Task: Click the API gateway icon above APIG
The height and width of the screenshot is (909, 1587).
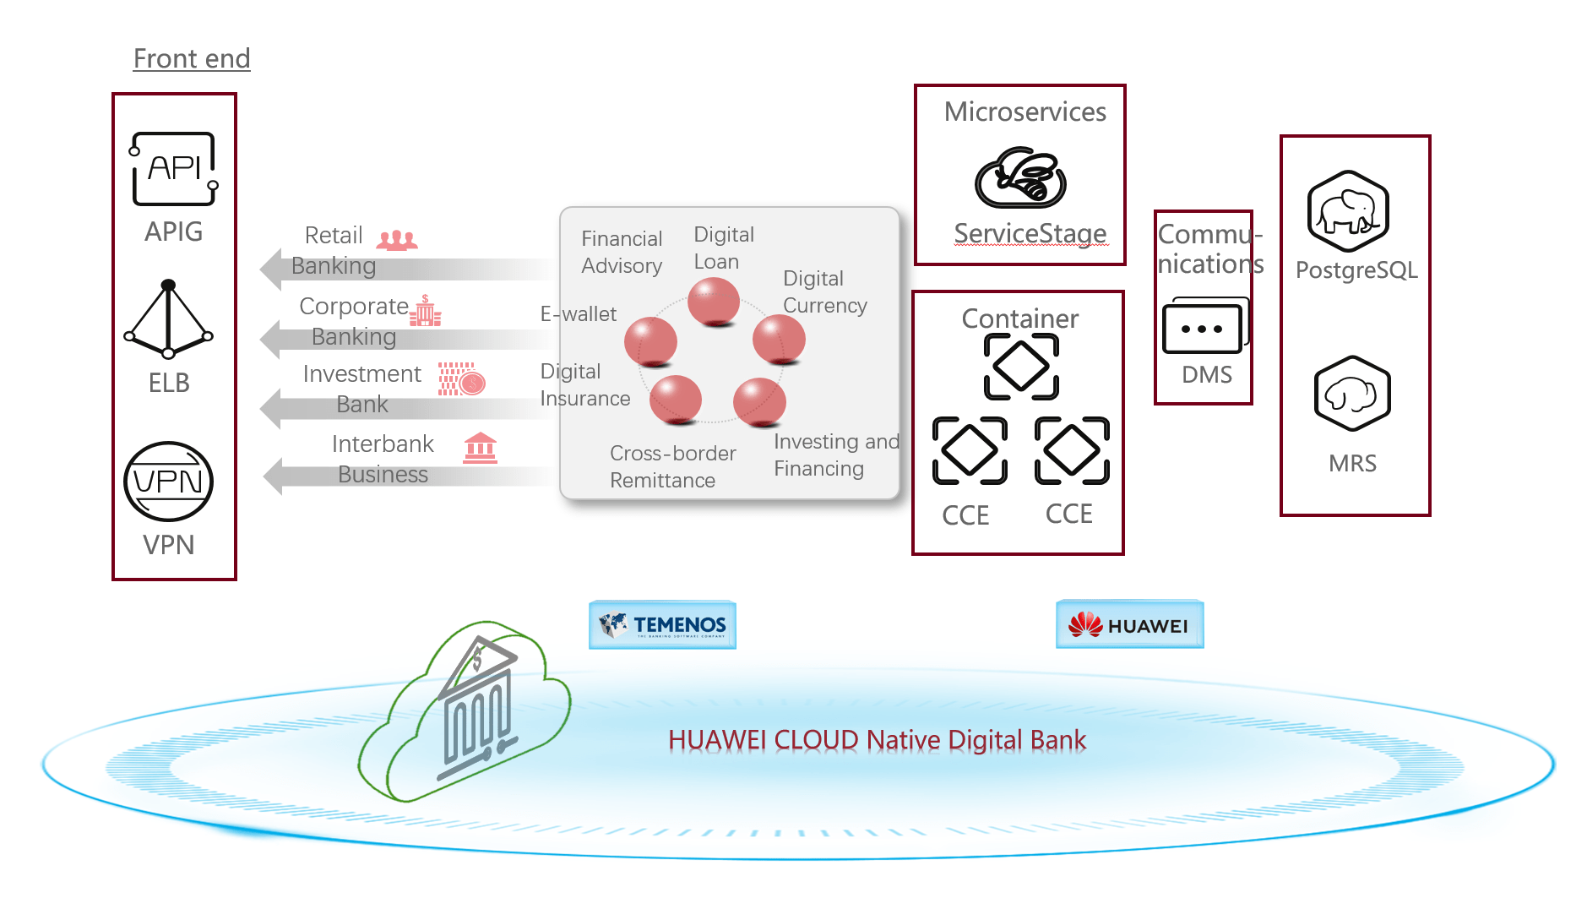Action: tap(173, 168)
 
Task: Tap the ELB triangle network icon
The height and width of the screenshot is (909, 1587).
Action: tap(168, 320)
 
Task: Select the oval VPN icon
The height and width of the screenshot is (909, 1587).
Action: tap(168, 482)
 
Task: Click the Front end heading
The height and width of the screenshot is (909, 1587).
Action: tap(192, 58)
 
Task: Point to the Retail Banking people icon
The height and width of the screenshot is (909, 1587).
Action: tap(397, 241)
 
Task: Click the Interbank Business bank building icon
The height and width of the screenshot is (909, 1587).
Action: tap(480, 448)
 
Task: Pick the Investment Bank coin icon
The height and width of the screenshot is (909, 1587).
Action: tap(462, 379)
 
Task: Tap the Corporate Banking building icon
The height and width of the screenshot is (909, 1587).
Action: tap(425, 312)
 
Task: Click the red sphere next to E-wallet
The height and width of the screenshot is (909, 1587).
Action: tap(650, 342)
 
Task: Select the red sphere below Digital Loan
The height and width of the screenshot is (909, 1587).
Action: tap(714, 302)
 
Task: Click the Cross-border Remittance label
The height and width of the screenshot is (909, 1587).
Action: tap(672, 466)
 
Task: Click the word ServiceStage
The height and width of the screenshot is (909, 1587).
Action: tap(1030, 233)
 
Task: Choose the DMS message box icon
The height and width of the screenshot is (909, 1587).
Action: tap(1204, 326)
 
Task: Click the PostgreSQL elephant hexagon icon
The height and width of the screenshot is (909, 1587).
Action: tap(1348, 211)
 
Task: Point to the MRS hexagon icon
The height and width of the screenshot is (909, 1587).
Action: tap(1352, 394)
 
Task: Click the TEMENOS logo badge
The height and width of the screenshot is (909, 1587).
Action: tap(662, 625)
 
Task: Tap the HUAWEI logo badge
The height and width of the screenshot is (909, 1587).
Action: tap(1129, 625)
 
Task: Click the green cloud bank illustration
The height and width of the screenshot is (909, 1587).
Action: tap(465, 711)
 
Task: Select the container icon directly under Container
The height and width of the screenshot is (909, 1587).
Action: tap(1021, 367)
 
